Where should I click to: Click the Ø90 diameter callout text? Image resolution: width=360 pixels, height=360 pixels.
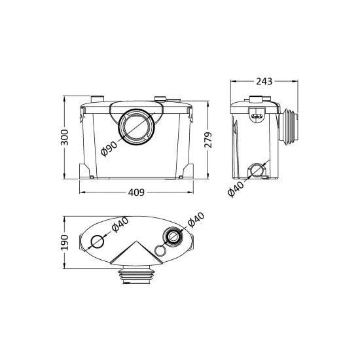pyautogui.click(x=110, y=150)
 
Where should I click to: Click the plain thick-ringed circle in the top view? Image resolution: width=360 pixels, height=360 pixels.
pyautogui.click(x=97, y=241)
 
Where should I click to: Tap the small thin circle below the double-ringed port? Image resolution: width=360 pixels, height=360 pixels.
pyautogui.click(x=160, y=250)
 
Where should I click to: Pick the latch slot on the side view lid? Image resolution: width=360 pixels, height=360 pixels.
pyautogui.click(x=257, y=115)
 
